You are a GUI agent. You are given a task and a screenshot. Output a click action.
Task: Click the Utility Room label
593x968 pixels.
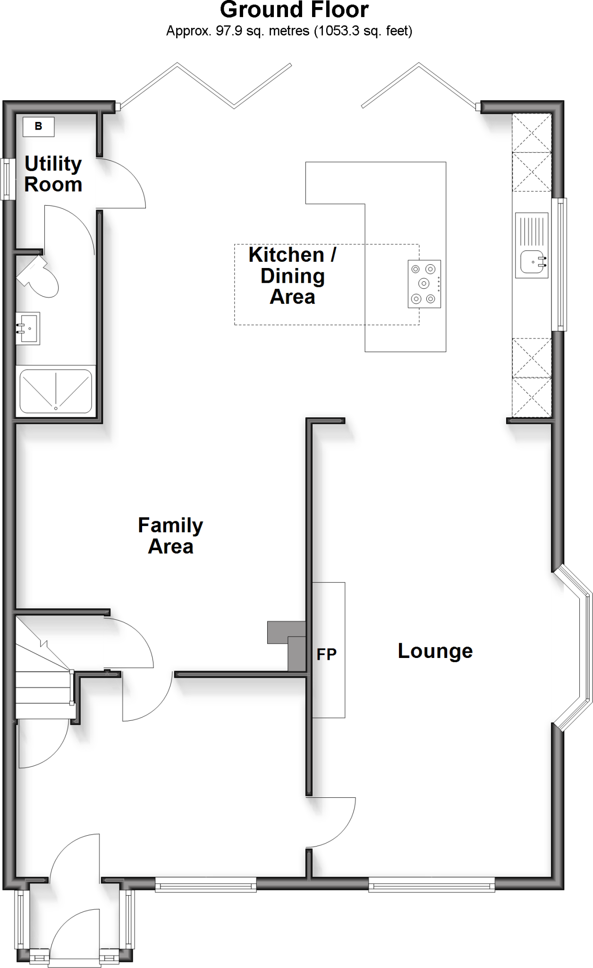(53, 174)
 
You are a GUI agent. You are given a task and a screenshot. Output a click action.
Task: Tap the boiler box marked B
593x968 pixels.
(39, 127)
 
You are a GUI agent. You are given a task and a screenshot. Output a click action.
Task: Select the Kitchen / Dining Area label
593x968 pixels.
(292, 276)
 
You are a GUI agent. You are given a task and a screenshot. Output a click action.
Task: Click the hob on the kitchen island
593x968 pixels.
(424, 284)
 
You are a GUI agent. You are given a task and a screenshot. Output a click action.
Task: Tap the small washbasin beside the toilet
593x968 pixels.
(27, 328)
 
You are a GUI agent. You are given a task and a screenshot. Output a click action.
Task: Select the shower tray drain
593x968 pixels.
(56, 408)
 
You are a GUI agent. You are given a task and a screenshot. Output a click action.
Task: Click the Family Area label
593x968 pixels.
(170, 536)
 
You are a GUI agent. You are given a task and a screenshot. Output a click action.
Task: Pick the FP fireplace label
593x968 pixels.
(326, 654)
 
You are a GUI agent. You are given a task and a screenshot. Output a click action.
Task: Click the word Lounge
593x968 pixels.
(435, 651)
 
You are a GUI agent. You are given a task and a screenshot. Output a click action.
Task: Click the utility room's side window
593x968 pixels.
(6, 179)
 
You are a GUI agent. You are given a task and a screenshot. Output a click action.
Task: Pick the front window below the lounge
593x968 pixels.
(432, 883)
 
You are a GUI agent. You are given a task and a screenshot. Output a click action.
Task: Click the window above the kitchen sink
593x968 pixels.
(560, 264)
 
